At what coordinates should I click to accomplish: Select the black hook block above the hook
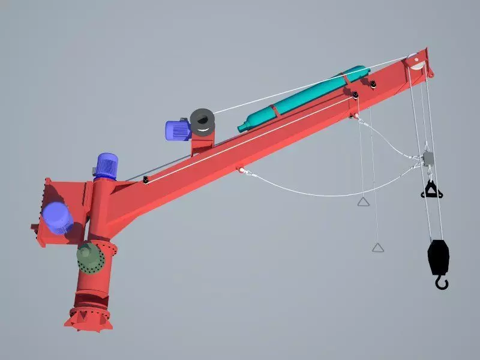(x=437, y=255)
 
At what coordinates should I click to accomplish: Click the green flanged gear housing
(x=90, y=258)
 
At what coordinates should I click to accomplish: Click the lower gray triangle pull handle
(x=377, y=247)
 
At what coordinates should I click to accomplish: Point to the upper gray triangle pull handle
(x=363, y=201)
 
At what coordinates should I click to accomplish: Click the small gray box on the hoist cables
(x=428, y=158)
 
